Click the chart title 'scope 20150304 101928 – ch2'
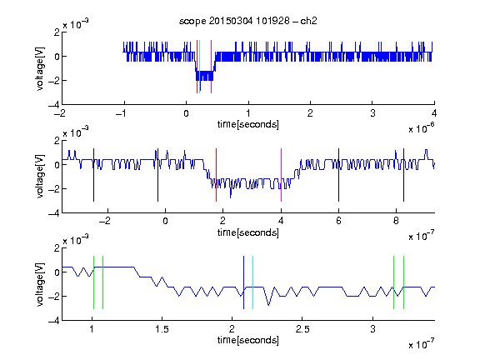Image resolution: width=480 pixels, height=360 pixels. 248,21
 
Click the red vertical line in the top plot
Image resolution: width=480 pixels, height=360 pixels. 197,67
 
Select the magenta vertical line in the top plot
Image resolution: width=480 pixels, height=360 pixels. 211,67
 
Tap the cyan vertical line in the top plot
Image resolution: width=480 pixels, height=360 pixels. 200,67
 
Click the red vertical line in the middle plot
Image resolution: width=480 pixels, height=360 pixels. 216,175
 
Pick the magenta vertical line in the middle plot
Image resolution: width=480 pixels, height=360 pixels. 282,175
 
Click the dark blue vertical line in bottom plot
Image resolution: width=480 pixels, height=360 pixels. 243,282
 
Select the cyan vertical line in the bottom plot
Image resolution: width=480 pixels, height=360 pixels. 252,282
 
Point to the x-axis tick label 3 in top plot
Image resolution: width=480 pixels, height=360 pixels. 372,113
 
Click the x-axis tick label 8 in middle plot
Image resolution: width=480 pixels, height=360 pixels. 396,221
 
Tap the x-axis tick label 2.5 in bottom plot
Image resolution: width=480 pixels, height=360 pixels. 302,329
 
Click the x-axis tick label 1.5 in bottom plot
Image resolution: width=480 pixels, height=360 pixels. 162,329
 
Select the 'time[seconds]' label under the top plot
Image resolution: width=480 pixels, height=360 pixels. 248,125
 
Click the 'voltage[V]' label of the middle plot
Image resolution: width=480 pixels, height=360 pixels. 40,177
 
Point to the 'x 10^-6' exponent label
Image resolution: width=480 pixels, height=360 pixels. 422,128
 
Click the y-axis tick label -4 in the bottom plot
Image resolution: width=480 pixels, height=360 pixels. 54,321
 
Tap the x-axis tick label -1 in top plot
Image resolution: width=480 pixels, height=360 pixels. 122,113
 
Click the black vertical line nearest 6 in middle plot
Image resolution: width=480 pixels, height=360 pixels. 338,175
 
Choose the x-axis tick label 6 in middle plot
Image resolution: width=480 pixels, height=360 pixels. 338,221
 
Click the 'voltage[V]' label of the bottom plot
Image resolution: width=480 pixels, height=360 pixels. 40,284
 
